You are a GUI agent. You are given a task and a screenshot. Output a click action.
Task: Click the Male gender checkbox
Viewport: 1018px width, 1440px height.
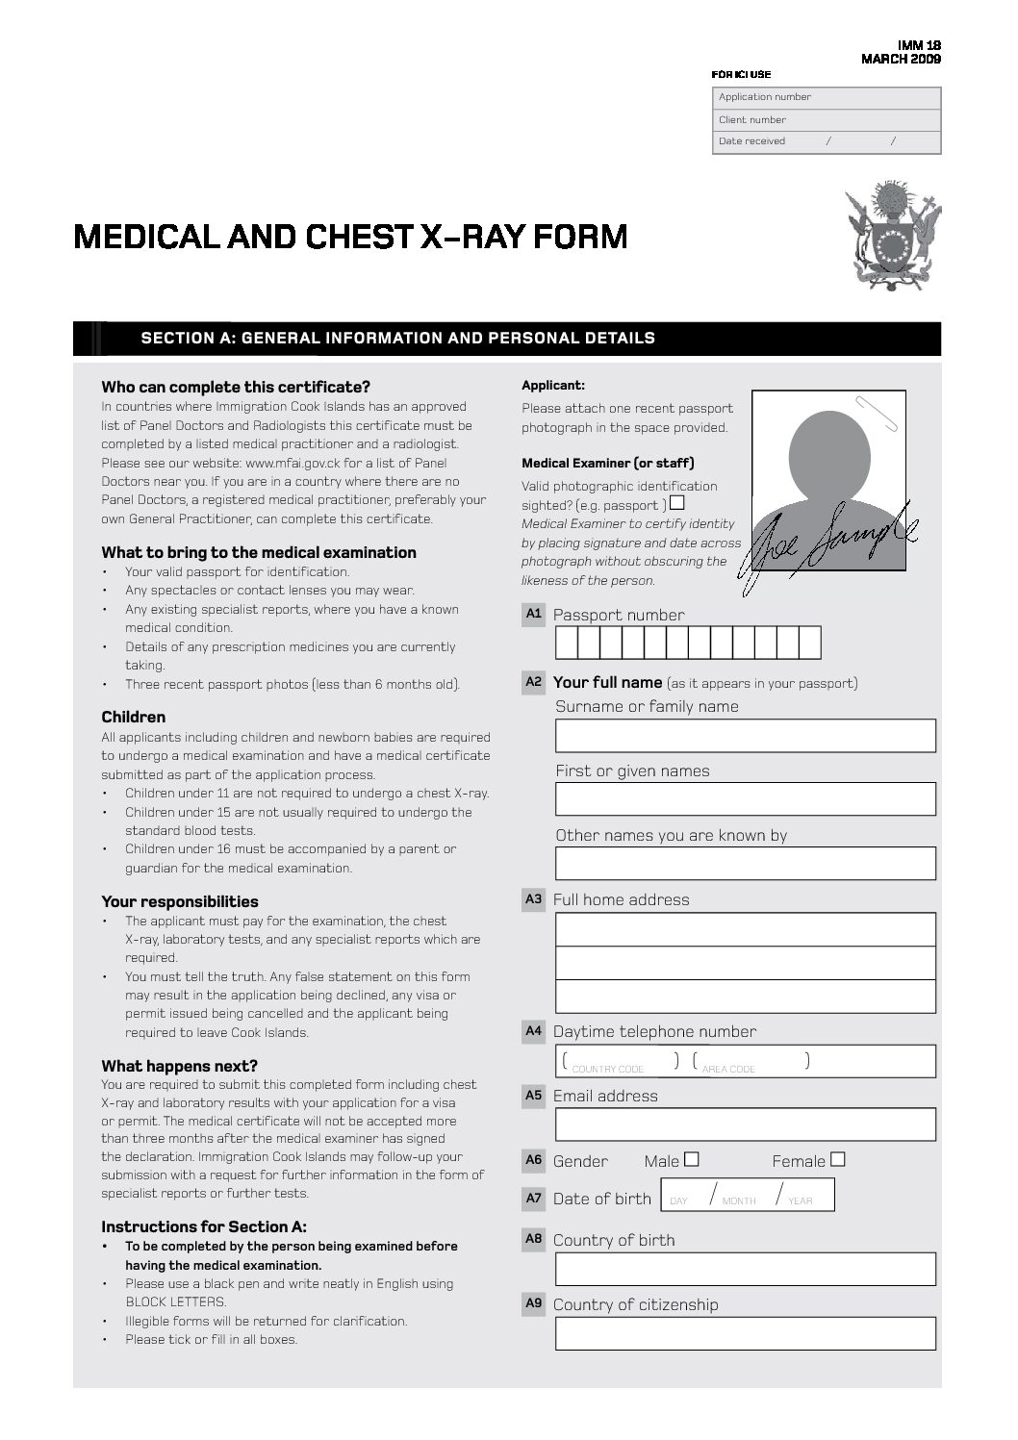[692, 1159]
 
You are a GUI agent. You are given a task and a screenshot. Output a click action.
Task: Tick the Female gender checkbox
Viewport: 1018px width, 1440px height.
[838, 1159]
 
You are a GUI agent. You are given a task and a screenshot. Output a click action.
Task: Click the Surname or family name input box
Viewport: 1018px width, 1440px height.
[745, 735]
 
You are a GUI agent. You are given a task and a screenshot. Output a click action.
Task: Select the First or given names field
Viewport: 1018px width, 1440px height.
[745, 799]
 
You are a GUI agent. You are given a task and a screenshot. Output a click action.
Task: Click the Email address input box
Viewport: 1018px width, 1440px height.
[745, 1124]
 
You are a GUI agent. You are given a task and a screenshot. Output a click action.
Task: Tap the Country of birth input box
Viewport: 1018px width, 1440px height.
[745, 1269]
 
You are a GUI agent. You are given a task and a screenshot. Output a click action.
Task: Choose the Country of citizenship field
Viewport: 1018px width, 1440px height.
[745, 1333]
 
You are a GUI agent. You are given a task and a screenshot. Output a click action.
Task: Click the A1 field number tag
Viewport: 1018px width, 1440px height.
[534, 614]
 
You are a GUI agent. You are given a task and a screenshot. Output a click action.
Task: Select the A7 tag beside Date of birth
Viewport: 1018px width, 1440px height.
[534, 1198]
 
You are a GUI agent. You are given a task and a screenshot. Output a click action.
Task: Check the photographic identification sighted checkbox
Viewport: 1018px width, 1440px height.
[677, 503]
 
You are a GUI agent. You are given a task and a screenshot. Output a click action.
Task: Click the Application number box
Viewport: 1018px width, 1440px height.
[827, 97]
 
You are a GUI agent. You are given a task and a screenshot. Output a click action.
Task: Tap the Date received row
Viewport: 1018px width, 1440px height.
[827, 141]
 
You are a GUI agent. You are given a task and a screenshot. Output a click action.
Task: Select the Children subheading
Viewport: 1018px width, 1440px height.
[134, 717]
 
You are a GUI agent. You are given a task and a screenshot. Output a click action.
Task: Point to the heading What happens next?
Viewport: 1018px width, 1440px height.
[179, 1066]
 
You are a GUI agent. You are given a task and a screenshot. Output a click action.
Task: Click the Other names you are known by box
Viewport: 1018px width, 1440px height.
[745, 864]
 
